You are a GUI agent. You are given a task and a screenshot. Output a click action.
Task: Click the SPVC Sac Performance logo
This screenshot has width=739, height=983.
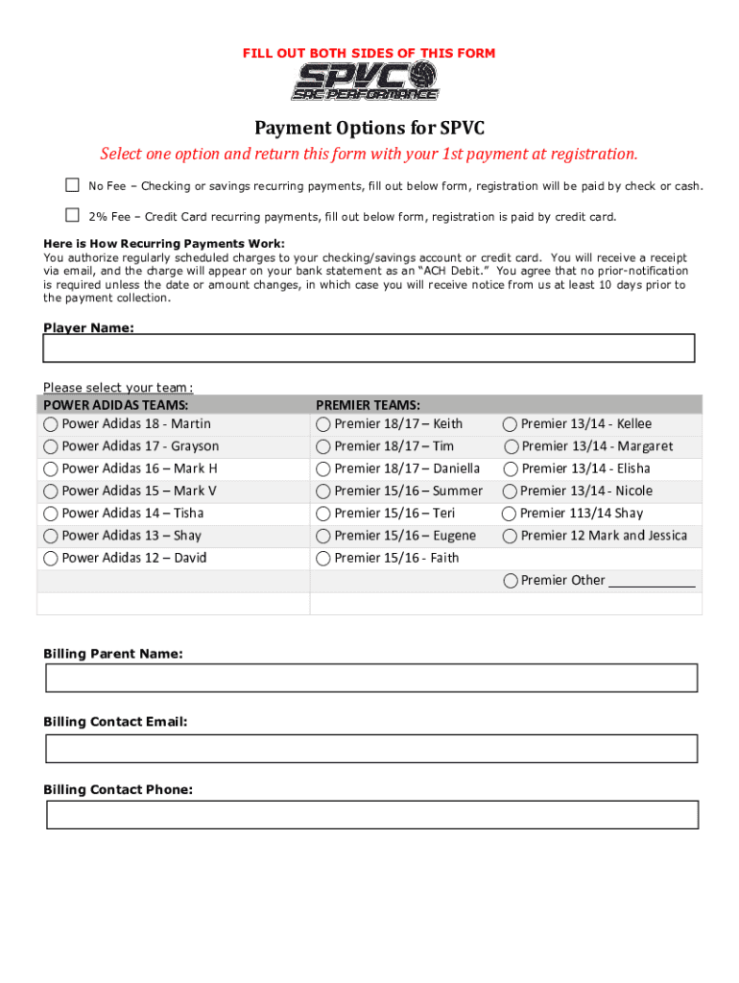pyautogui.click(x=366, y=81)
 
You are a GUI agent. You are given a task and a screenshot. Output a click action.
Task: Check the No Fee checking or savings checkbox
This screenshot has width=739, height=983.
pyautogui.click(x=72, y=184)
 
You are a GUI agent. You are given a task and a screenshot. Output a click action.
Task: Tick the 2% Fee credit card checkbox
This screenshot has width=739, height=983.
pyautogui.click(x=72, y=215)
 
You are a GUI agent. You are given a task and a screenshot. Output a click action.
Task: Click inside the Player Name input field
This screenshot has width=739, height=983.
pyautogui.click(x=369, y=348)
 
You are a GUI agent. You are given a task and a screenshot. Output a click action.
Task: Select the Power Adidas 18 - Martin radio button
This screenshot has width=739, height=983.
pyautogui.click(x=50, y=424)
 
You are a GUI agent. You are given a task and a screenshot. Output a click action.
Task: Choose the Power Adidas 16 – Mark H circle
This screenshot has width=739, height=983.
pyautogui.click(x=50, y=469)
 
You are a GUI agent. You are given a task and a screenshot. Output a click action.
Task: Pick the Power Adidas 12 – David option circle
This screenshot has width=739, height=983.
pyautogui.click(x=50, y=559)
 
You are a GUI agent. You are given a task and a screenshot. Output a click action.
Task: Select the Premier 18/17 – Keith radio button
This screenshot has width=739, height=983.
pyautogui.click(x=323, y=424)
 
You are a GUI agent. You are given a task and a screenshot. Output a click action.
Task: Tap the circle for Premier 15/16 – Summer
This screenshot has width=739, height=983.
pyautogui.click(x=323, y=491)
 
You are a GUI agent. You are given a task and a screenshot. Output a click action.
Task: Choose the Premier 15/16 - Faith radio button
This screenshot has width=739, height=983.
pyautogui.click(x=323, y=559)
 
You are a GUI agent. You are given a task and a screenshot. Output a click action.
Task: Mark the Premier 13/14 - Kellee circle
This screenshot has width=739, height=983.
pyautogui.click(x=510, y=424)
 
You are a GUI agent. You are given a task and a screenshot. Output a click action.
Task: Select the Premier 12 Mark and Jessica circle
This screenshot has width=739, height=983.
pyautogui.click(x=510, y=537)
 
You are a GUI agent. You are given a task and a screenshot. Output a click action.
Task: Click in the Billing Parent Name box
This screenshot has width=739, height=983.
pyautogui.click(x=370, y=678)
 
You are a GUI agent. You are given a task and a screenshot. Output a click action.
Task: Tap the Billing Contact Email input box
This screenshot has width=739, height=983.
pyautogui.click(x=370, y=749)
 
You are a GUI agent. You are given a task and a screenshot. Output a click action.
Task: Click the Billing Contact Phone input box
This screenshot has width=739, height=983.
pyautogui.click(x=370, y=815)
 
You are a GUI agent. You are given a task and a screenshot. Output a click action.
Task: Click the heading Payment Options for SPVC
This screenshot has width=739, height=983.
pyautogui.click(x=369, y=128)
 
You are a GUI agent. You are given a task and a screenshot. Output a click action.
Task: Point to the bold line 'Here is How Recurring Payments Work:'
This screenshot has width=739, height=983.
pyautogui.click(x=164, y=244)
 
